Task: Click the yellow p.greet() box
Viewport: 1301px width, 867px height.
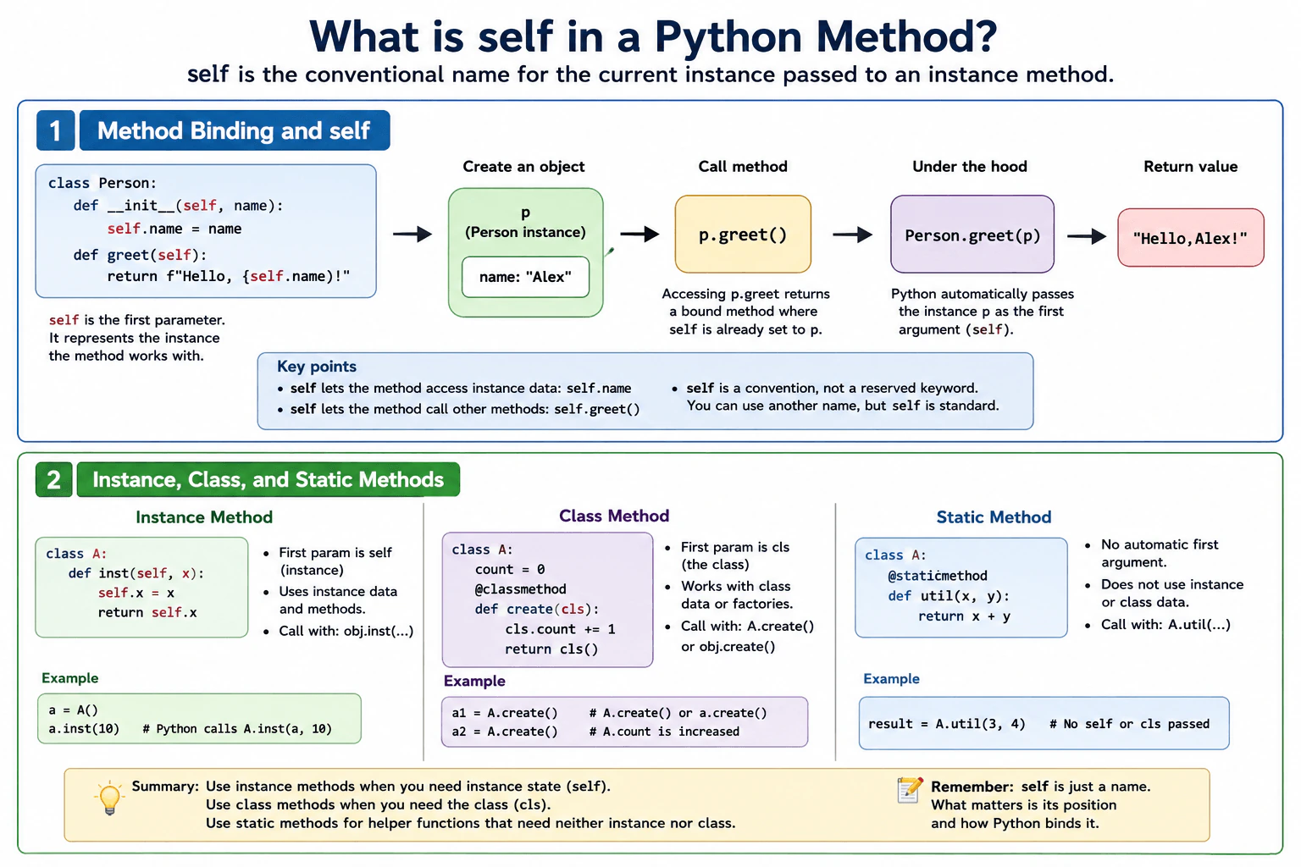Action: pos(743,234)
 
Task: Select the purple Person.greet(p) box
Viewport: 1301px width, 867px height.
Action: pos(972,234)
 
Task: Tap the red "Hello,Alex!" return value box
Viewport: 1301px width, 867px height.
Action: pos(1191,238)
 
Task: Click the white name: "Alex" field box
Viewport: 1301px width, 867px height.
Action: pos(525,277)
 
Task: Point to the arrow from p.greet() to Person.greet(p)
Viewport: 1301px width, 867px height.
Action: pos(853,235)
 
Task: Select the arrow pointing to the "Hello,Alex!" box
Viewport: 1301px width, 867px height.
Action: pos(1087,236)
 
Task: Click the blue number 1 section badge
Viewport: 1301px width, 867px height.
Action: pos(55,130)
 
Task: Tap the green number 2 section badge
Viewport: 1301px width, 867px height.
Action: pos(53,480)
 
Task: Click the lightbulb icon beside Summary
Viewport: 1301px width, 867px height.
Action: pos(109,798)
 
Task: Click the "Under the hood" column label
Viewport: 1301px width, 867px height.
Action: pos(969,167)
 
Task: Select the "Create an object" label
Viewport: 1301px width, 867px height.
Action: pos(523,167)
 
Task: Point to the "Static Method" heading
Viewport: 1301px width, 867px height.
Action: pos(994,516)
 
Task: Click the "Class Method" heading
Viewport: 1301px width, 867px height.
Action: pos(614,516)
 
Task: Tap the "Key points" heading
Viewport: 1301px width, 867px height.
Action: pos(317,367)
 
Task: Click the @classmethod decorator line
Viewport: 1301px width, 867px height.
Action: pos(520,588)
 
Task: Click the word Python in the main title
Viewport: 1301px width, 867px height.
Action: pos(728,36)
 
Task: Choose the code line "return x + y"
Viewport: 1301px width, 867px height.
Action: pos(964,616)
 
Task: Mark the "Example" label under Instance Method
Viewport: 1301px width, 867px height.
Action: pos(69,678)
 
